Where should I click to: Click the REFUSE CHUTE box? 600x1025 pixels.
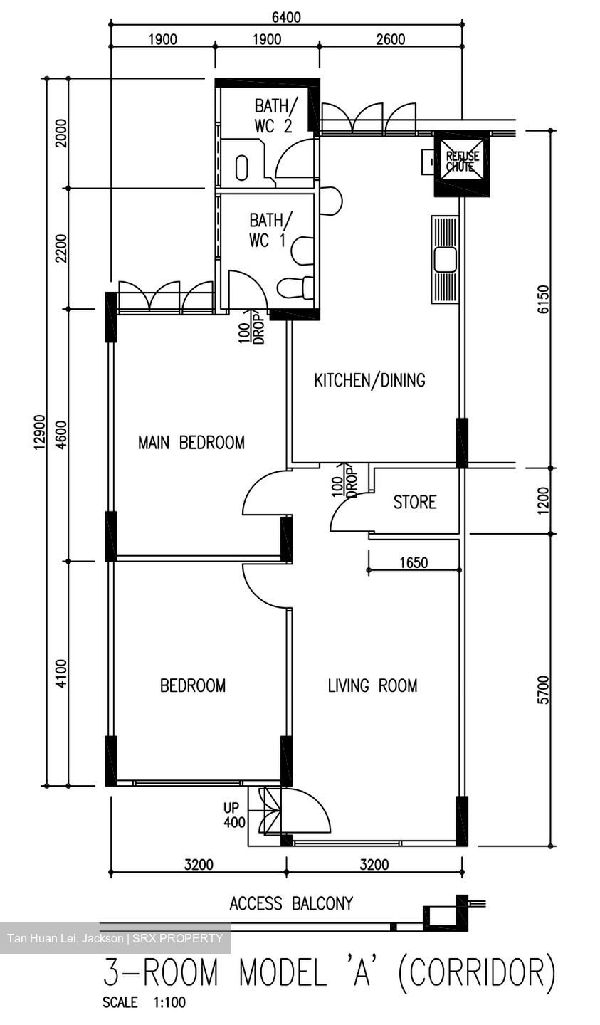[x=462, y=163]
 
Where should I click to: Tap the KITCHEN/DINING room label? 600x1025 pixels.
[x=369, y=380]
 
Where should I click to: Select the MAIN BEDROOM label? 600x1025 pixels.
[x=191, y=443]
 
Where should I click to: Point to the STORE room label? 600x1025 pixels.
[x=414, y=502]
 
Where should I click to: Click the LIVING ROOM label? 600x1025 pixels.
[x=372, y=685]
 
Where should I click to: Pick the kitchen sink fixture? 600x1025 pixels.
[x=445, y=259]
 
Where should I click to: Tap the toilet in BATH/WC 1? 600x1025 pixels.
[x=296, y=287]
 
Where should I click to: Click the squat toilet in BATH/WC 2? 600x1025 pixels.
[x=242, y=168]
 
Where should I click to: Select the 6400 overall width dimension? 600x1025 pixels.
[x=285, y=17]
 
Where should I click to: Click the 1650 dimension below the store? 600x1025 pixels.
[x=413, y=563]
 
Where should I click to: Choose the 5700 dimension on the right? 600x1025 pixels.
[x=544, y=689]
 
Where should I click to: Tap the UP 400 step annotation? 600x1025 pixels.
[x=234, y=816]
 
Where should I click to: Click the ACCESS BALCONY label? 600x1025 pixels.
[x=290, y=904]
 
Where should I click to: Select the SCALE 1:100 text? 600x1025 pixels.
[x=144, y=1002]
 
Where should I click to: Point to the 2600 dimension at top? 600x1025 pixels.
[x=390, y=39]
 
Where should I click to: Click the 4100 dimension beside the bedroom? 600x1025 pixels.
[x=61, y=673]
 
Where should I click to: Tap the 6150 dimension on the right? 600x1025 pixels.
[x=544, y=300]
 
